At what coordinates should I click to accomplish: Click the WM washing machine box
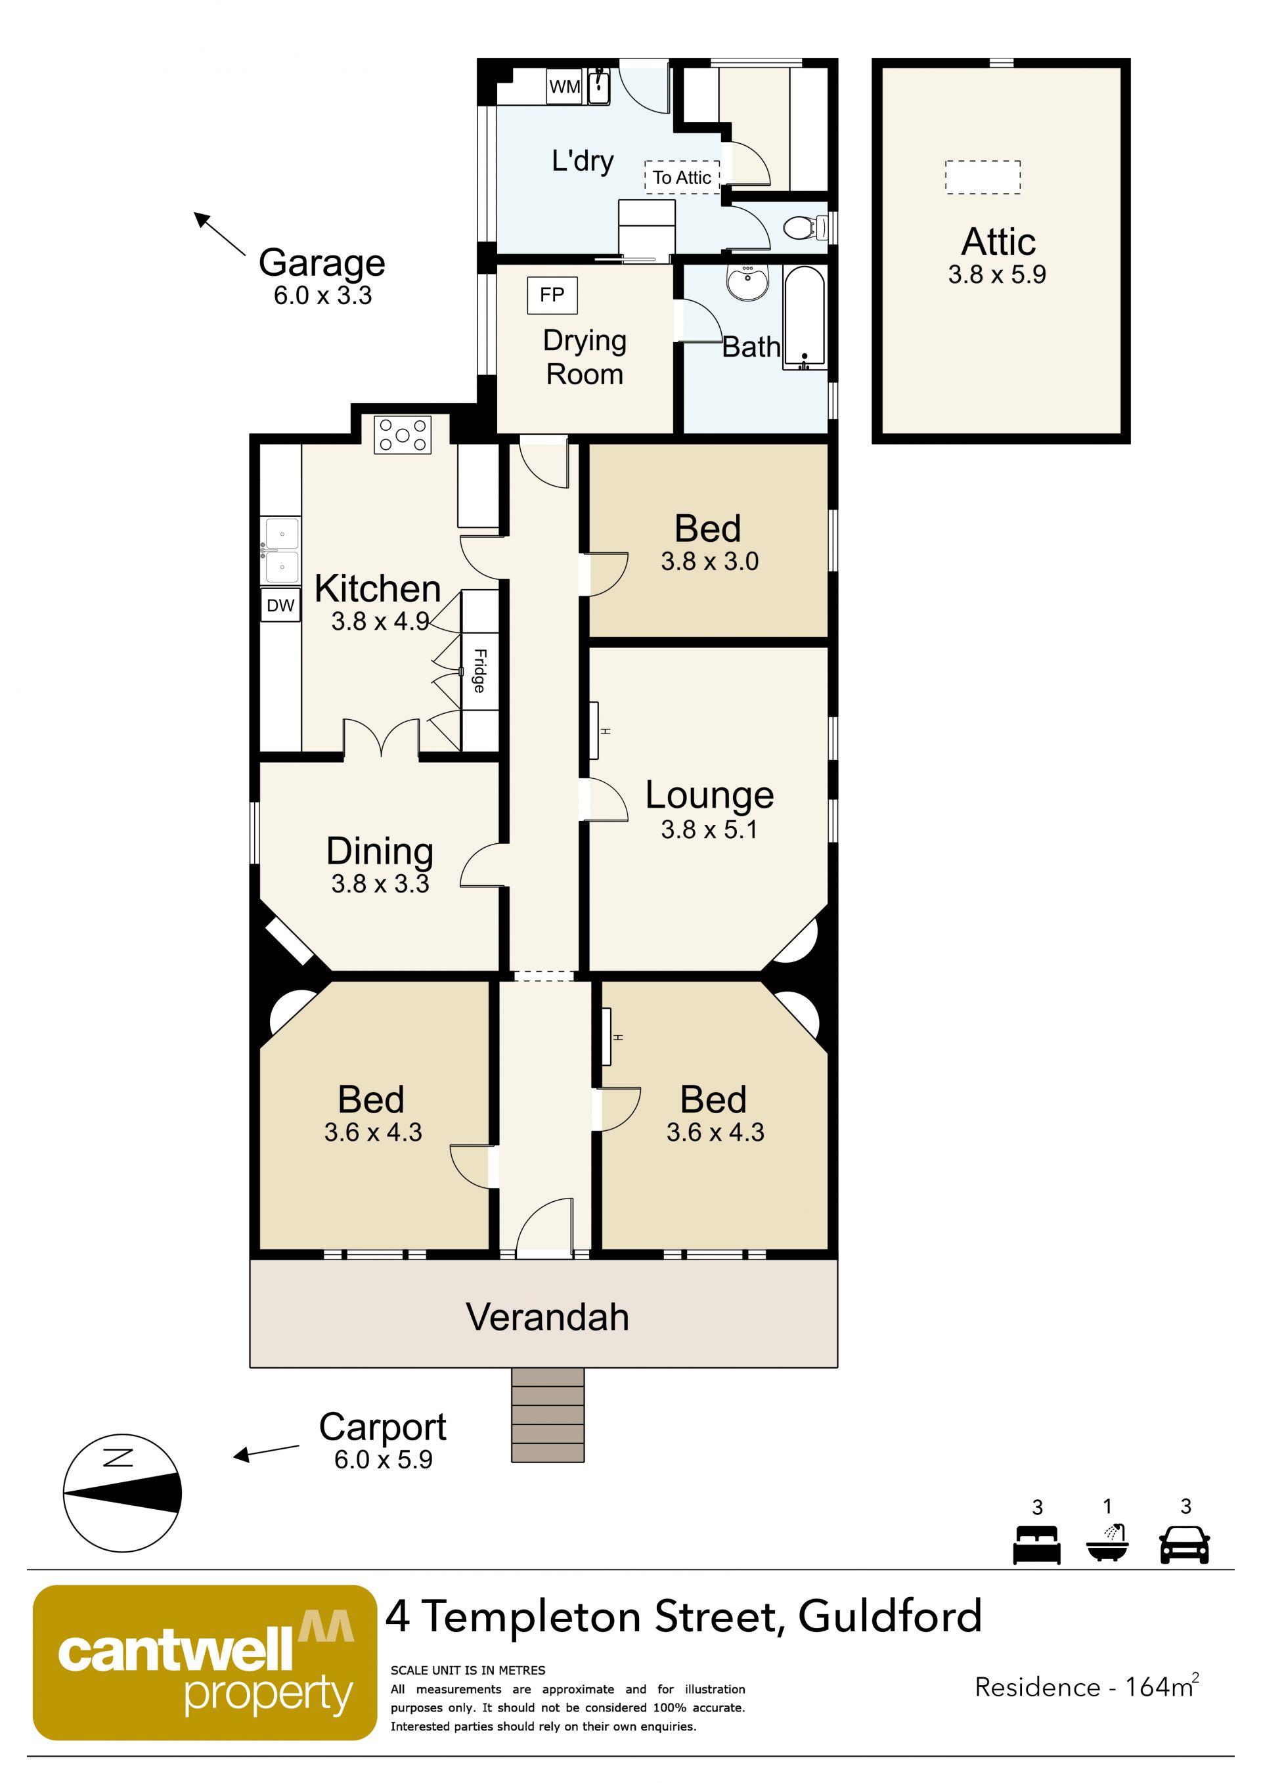coord(565,86)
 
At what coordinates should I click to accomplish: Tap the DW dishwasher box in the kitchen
coord(280,605)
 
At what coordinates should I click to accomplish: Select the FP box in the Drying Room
coord(552,295)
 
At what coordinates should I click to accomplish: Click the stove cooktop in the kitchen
coord(402,435)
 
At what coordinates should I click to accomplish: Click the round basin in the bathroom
coord(748,282)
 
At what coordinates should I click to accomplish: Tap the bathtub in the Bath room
coord(805,319)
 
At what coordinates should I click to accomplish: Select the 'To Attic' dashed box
coord(682,178)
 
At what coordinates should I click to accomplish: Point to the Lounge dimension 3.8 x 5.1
coord(709,829)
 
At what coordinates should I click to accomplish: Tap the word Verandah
coord(547,1318)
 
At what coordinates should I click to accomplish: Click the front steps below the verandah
coord(547,1415)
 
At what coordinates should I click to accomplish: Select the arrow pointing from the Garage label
coord(220,234)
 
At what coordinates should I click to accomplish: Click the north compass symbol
coord(122,1493)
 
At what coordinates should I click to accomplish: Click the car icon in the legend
coord(1184,1545)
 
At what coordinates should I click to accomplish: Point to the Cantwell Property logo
coord(204,1663)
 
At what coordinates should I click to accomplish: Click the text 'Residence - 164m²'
coord(1087,1686)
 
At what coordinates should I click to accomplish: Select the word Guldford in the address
coord(890,1616)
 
